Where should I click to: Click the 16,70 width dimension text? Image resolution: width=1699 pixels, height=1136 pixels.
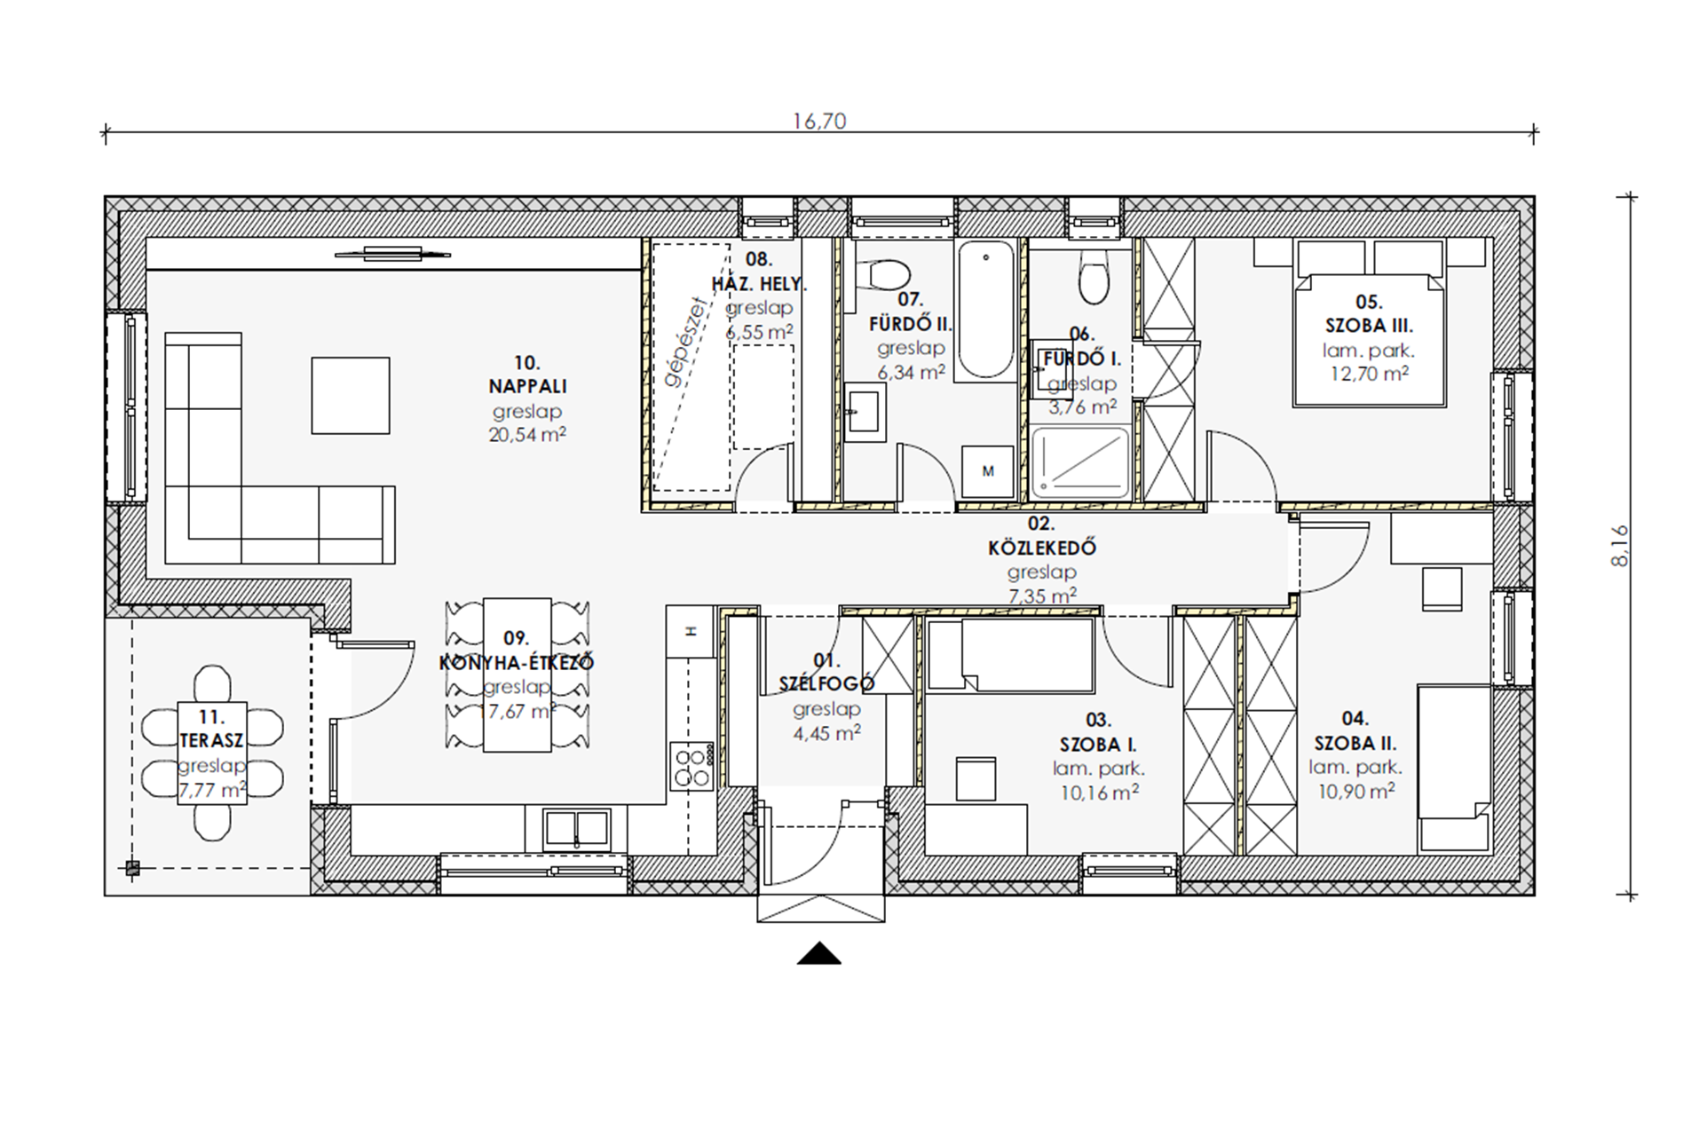coord(818,121)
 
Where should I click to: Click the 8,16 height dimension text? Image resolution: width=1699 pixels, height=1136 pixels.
coord(1621,546)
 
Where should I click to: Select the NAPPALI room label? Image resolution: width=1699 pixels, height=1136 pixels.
coord(527,386)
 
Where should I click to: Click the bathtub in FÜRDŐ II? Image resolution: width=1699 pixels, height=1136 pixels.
coord(985,311)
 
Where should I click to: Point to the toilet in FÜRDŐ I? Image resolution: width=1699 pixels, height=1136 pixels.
coord(1094,276)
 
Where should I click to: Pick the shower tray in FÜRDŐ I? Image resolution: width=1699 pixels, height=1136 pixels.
coord(1080,462)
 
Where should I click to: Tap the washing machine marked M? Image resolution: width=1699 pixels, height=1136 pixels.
coord(987,471)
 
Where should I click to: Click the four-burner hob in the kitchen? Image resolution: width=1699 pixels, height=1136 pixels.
coord(692,766)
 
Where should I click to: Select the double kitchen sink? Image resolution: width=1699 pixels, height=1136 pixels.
coord(577,829)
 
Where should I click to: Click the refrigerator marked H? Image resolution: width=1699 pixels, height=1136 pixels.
coord(691,632)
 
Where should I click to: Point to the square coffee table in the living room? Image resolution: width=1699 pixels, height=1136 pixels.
coord(351,396)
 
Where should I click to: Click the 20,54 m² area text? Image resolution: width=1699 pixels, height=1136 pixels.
coord(527,435)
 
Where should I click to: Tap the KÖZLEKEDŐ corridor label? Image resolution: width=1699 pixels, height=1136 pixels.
coord(1041,548)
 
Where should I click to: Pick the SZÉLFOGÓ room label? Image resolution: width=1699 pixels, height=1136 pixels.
coord(826,683)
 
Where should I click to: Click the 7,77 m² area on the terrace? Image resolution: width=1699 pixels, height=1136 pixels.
coord(212,789)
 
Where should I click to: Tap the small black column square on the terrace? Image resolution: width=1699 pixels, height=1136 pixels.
coord(132,869)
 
